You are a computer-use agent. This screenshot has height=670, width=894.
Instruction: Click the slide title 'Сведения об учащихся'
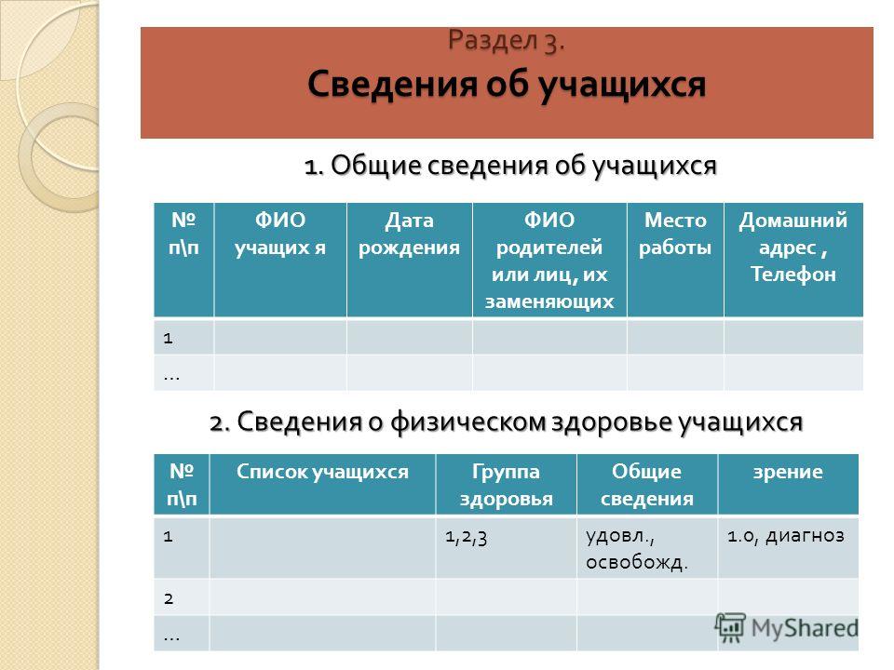click(x=507, y=85)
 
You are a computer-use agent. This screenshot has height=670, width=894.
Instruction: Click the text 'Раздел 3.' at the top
click(x=507, y=40)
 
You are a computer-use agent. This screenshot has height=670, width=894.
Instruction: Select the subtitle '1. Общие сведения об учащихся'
click(x=510, y=166)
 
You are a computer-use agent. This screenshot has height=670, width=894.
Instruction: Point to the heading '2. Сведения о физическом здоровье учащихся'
click(x=507, y=422)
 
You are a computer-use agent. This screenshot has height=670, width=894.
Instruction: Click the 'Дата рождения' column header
click(x=410, y=234)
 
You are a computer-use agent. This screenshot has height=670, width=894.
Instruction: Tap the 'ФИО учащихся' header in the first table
click(x=280, y=234)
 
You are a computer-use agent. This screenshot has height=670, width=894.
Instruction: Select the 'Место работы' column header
click(x=675, y=234)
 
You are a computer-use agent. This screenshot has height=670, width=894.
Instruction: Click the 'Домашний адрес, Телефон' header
click(x=793, y=247)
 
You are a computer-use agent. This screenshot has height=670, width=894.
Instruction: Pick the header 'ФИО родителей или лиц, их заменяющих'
click(x=549, y=261)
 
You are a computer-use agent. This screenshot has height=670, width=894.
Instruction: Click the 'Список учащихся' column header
click(x=323, y=472)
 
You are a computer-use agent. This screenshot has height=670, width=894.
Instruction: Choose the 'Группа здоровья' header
click(x=507, y=485)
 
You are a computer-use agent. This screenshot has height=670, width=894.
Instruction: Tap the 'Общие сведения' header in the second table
click(x=647, y=485)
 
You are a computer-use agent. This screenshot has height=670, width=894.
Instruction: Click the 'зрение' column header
click(x=788, y=473)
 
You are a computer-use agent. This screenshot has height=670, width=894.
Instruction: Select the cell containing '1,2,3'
click(x=467, y=537)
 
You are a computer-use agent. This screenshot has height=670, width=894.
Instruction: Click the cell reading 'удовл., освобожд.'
click(x=637, y=549)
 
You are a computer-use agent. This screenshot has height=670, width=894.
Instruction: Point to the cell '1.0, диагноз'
click(x=786, y=536)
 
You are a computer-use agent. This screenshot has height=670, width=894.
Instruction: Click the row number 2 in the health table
click(x=169, y=598)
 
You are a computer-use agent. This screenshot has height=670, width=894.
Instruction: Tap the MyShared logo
click(x=787, y=628)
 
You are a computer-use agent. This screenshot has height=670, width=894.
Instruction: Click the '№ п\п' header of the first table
click(x=183, y=234)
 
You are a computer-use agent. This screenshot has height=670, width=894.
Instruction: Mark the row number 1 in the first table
click(x=168, y=339)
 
